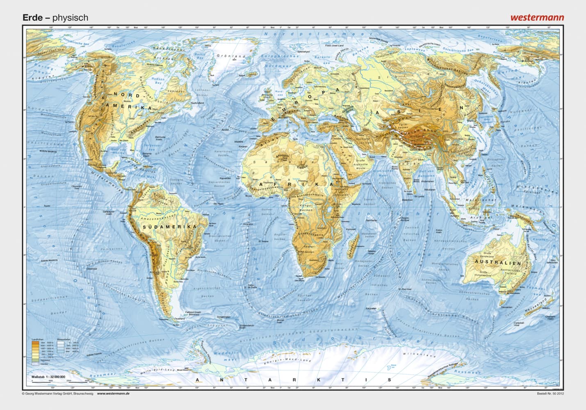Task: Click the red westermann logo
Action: [537, 17]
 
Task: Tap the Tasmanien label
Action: [506, 307]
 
